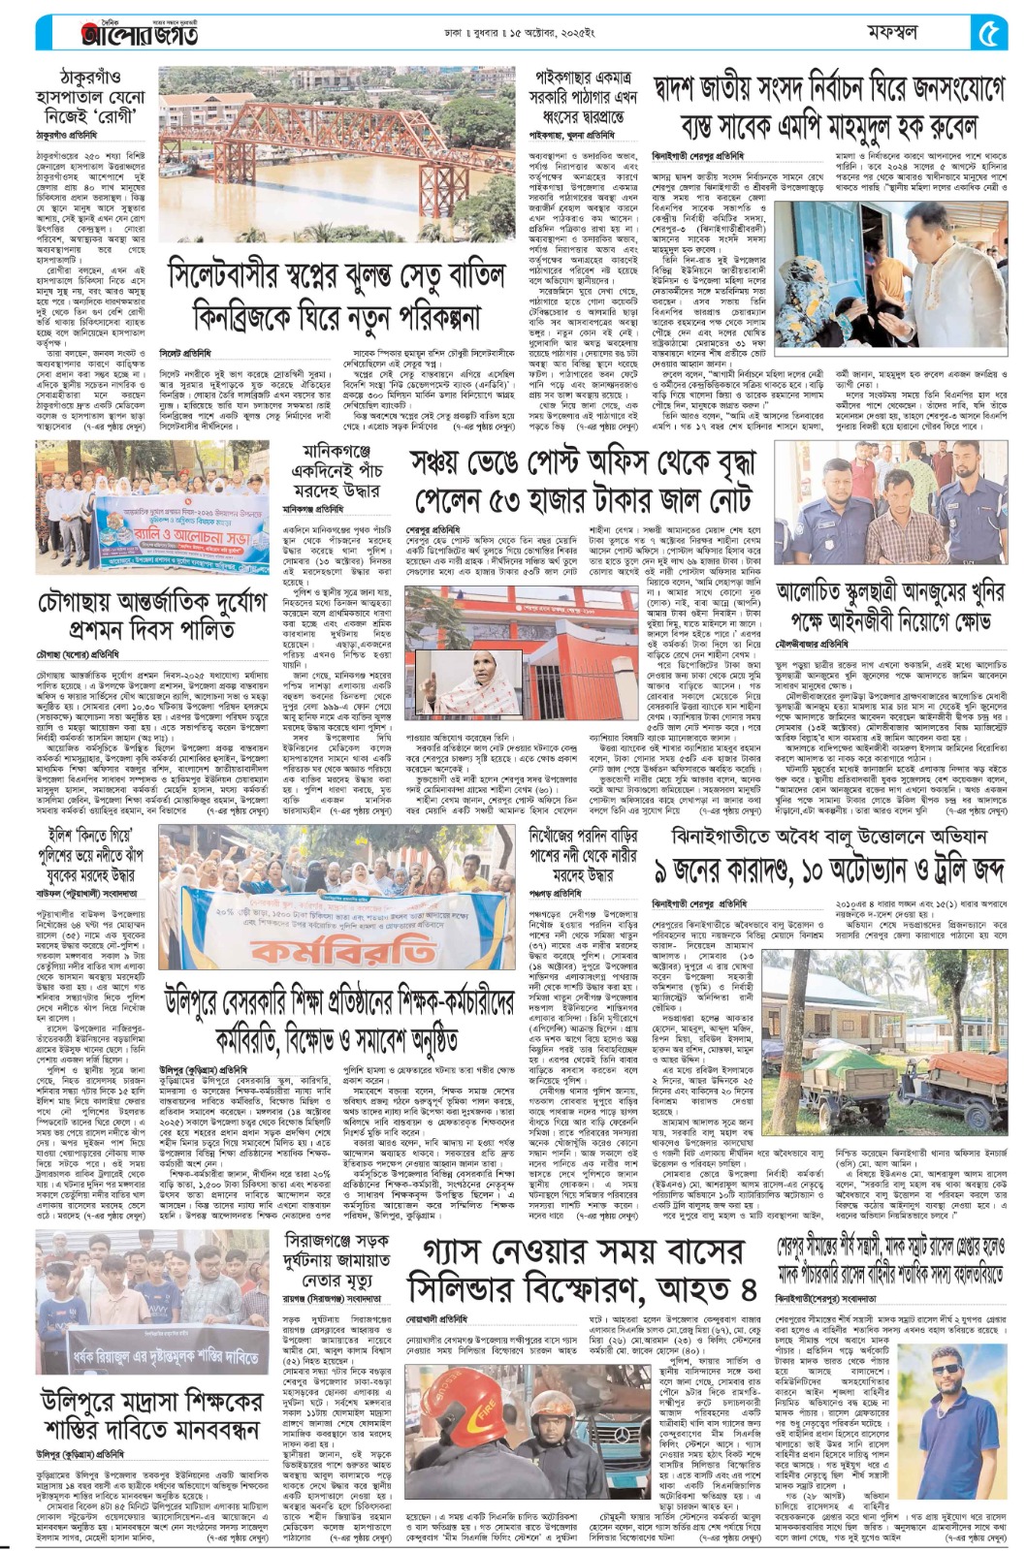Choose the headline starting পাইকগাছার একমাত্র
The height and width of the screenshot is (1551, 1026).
tap(582, 98)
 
